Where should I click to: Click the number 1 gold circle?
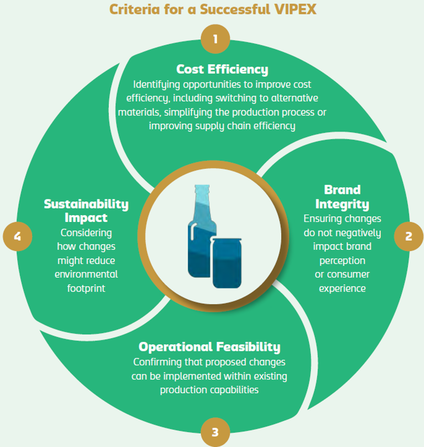[x=215, y=39]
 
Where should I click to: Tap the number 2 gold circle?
[x=409, y=236]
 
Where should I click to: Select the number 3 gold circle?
[x=215, y=431]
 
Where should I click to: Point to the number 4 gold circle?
[x=18, y=236]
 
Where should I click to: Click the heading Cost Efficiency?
[x=222, y=69]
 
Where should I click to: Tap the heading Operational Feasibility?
[x=209, y=348]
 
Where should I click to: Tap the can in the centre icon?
[x=226, y=261]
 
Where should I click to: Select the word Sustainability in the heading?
[x=86, y=204]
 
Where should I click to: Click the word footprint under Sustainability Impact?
[x=86, y=289]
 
